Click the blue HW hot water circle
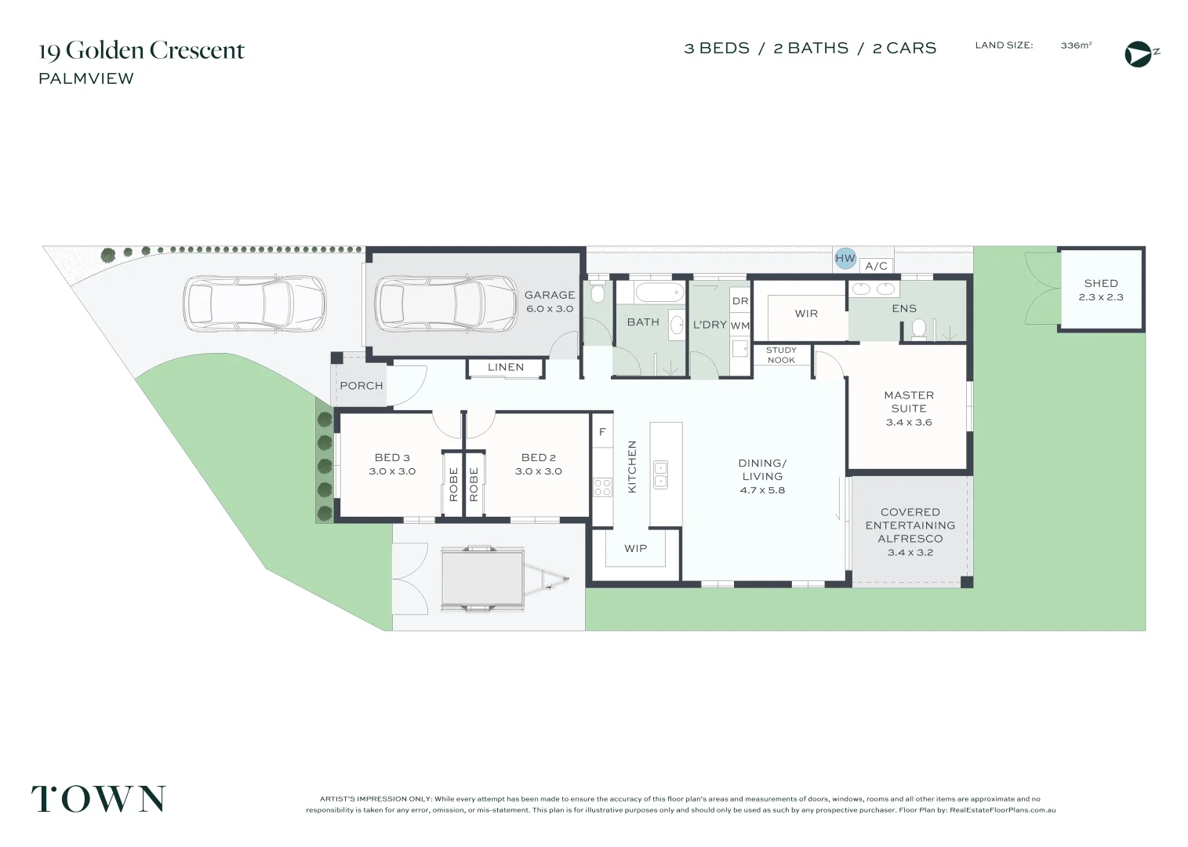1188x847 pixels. [x=845, y=258]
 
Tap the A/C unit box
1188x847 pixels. [x=876, y=266]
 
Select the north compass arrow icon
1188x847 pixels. [x=1138, y=54]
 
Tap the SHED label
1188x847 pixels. [x=1100, y=283]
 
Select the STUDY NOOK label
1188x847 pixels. [x=780, y=355]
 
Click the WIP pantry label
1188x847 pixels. [x=635, y=548]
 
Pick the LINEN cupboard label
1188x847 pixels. [x=505, y=367]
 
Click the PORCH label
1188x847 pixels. [x=361, y=386]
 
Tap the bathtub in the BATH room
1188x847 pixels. [x=659, y=293]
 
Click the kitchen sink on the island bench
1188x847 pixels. [x=660, y=474]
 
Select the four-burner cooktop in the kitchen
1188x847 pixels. [x=602, y=486]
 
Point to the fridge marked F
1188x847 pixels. [x=602, y=432]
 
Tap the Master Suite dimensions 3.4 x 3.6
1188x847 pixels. [x=908, y=422]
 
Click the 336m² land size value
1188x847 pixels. [x=1075, y=45]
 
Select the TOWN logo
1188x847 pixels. [x=98, y=798]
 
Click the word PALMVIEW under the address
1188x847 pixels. [x=86, y=78]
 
